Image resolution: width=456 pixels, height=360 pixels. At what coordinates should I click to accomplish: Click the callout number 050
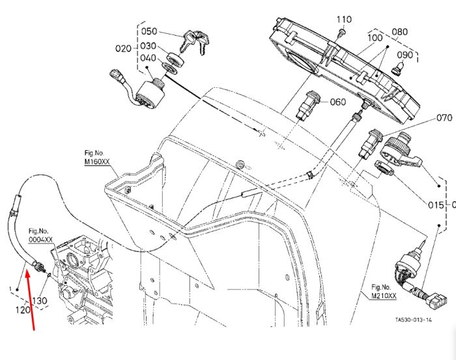point(149,31)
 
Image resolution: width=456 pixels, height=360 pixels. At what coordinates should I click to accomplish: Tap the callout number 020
point(123,48)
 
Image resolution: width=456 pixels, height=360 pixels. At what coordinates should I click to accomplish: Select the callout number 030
point(149,46)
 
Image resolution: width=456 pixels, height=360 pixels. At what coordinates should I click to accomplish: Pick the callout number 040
point(149,58)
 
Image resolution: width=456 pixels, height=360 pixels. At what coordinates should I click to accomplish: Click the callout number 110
point(344,20)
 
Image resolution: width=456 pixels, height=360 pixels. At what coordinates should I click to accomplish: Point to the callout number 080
point(399,32)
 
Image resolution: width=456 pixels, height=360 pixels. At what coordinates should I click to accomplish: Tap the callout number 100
point(375,38)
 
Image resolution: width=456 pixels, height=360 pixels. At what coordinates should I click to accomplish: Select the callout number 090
point(405,55)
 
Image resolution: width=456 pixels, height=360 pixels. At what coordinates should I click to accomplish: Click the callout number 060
point(338,102)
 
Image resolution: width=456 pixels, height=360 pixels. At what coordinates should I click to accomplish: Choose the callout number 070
point(444,118)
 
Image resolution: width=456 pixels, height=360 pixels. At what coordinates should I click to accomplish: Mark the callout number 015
point(436,205)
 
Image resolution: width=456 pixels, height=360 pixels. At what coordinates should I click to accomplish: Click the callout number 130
point(40,301)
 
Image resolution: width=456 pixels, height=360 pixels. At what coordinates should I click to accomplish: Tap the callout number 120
point(23,310)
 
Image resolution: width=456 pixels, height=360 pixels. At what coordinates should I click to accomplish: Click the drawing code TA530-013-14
point(413,320)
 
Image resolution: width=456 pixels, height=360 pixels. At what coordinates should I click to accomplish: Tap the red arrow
point(31,300)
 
